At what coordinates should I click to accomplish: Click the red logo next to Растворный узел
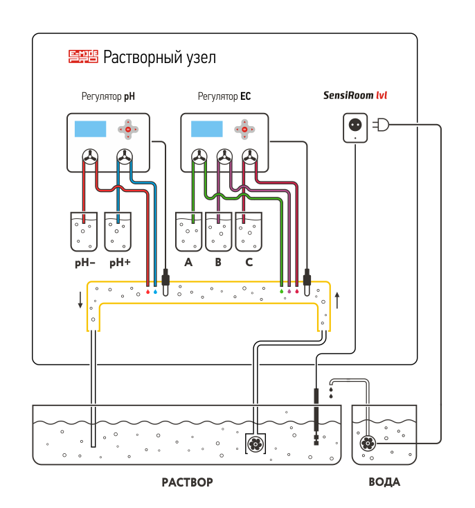(84, 57)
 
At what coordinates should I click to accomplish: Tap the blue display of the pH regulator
(90, 129)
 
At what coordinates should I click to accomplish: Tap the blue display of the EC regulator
(206, 129)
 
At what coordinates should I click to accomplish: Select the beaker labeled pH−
(84, 231)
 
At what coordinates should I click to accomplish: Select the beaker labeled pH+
(118, 231)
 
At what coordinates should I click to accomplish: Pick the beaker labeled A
(188, 231)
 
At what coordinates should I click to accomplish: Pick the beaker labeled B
(219, 231)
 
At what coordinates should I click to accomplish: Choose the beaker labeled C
(249, 231)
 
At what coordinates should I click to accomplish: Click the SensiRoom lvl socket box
(355, 128)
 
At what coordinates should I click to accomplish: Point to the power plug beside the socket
(381, 125)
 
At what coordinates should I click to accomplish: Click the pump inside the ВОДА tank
(368, 444)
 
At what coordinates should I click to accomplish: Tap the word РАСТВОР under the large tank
(187, 482)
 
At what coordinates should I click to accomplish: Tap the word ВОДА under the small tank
(384, 482)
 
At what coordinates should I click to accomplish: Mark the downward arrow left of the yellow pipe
(80, 300)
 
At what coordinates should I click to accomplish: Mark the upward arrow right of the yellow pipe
(337, 300)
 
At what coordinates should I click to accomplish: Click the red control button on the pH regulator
(127, 129)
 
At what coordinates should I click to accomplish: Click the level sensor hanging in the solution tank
(316, 416)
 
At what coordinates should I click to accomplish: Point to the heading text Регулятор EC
(224, 97)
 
